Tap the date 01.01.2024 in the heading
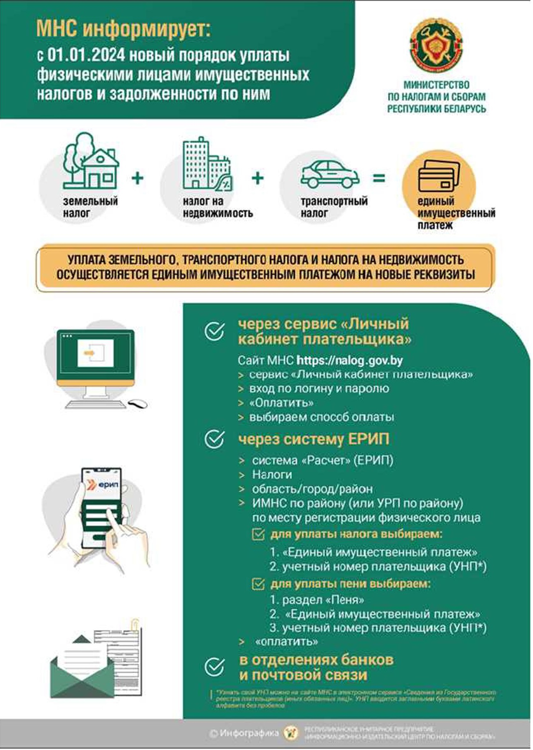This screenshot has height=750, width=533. pyautogui.click(x=86, y=55)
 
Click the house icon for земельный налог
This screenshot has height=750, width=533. pyautogui.click(x=91, y=162)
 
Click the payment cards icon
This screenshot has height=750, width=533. pyautogui.click(x=439, y=176)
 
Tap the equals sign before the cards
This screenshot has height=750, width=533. pyautogui.click(x=379, y=178)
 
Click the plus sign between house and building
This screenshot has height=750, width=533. pyautogui.click(x=137, y=178)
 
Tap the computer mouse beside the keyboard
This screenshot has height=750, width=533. pyautogui.click(x=137, y=403)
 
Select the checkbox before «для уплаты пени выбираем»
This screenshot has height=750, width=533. pyautogui.click(x=258, y=584)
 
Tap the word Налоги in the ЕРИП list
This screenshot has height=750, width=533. pyautogui.click(x=272, y=475)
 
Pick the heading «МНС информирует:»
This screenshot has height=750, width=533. pyautogui.click(x=123, y=29)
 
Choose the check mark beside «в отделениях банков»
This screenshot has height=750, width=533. pyautogui.click(x=215, y=667)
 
